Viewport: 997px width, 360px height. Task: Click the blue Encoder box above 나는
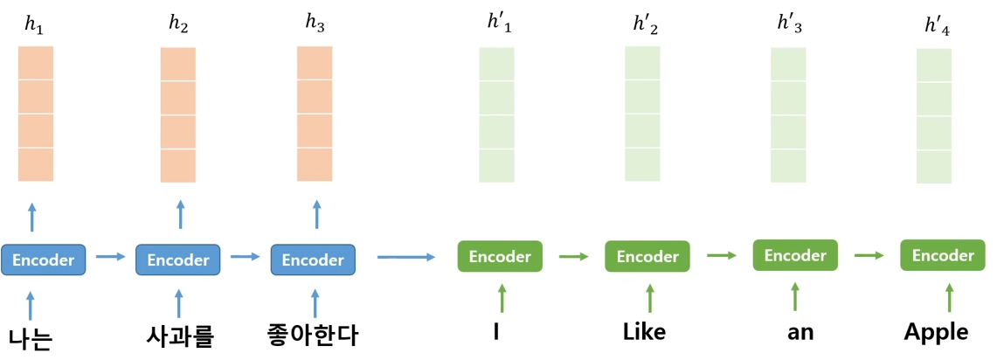(43, 259)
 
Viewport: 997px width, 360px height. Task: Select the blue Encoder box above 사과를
(178, 260)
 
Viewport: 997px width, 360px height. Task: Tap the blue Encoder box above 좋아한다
(314, 260)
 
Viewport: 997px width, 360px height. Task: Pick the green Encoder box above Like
(647, 256)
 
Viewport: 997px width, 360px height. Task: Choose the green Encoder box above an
(795, 256)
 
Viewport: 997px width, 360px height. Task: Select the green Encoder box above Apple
(943, 256)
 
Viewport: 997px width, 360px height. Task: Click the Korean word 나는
(31, 338)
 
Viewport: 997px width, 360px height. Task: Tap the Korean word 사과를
(178, 336)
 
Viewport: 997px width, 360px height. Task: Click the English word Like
(643, 333)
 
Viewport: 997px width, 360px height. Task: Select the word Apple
(937, 334)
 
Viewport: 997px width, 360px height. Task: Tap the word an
(800, 335)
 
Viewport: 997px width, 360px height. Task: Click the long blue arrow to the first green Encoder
(406, 257)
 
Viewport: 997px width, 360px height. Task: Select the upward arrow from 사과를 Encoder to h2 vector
(180, 215)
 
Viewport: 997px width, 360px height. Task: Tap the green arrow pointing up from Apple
(949, 297)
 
